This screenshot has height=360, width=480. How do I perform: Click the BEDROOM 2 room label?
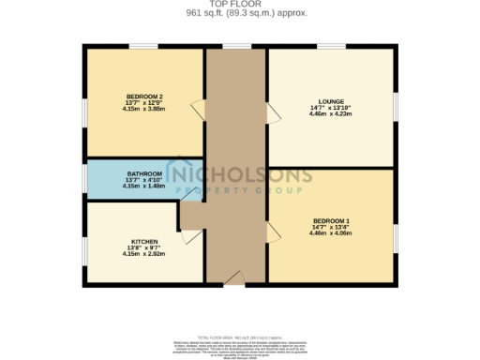coord(144,97)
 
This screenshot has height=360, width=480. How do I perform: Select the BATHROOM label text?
coord(144,174)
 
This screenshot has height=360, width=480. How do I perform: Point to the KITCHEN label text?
coord(144,241)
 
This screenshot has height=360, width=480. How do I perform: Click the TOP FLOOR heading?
coord(239,5)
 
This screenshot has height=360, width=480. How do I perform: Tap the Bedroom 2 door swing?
coord(198,109)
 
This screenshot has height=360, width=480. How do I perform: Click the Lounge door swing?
coord(274,112)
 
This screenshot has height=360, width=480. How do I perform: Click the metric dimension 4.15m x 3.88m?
coord(144,110)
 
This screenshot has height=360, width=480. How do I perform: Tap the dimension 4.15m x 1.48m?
coord(144,187)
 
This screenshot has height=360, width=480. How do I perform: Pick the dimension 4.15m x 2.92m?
coord(144,254)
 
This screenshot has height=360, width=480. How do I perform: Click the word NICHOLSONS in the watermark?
coord(240,174)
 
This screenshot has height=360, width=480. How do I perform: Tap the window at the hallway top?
coord(236,46)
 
